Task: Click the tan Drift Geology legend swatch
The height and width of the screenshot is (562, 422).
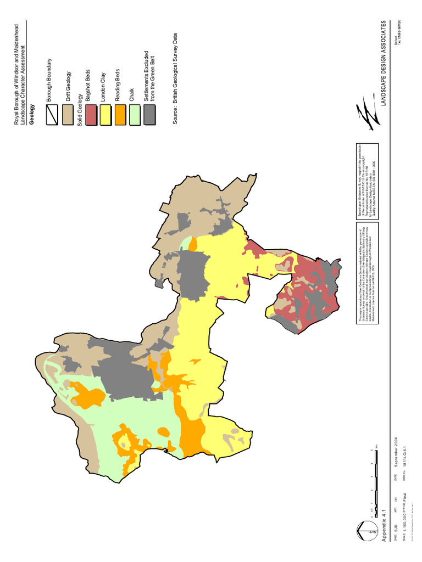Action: tap(68, 115)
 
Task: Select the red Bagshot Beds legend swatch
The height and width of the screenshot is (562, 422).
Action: tap(91, 115)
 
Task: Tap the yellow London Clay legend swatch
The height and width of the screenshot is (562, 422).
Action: tap(106, 115)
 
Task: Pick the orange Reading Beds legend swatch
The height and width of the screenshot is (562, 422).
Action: tap(121, 115)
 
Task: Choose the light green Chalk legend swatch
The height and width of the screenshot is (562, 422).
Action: tap(135, 115)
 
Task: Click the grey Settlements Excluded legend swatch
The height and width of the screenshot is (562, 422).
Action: tap(149, 115)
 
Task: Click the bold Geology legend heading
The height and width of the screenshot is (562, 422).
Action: tap(32, 115)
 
